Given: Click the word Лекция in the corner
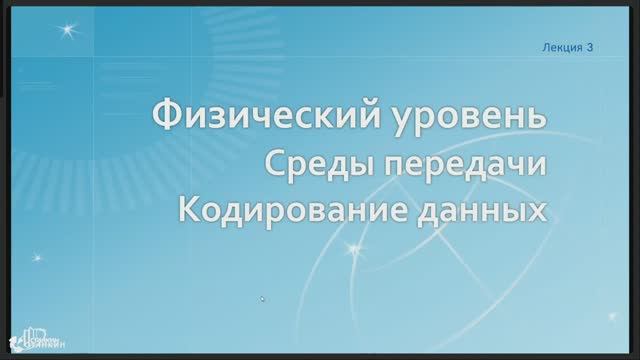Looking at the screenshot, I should tap(561, 47).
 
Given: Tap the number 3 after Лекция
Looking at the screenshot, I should tap(590, 47).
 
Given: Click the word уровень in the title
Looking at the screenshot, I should tap(469, 116).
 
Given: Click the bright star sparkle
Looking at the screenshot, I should tap(68, 30).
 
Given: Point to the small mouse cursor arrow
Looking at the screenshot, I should tap(262, 298).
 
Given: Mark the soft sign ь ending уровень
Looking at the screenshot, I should tap(538, 116).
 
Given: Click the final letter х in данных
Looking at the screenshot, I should tap(539, 211).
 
